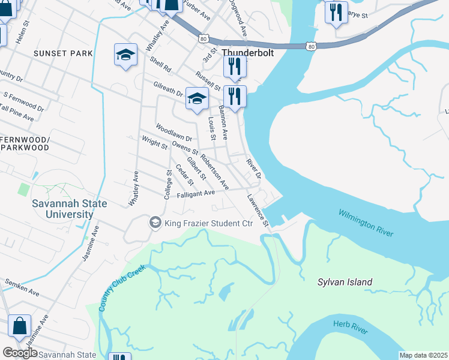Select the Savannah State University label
(70, 209)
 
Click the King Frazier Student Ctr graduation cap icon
(155, 223)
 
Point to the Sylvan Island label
(345, 282)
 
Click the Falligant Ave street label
(196, 194)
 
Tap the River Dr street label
(253, 168)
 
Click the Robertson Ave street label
(214, 172)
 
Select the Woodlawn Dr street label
(173, 132)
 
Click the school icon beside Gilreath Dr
(196, 99)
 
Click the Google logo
(20, 353)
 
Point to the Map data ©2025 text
(423, 355)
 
